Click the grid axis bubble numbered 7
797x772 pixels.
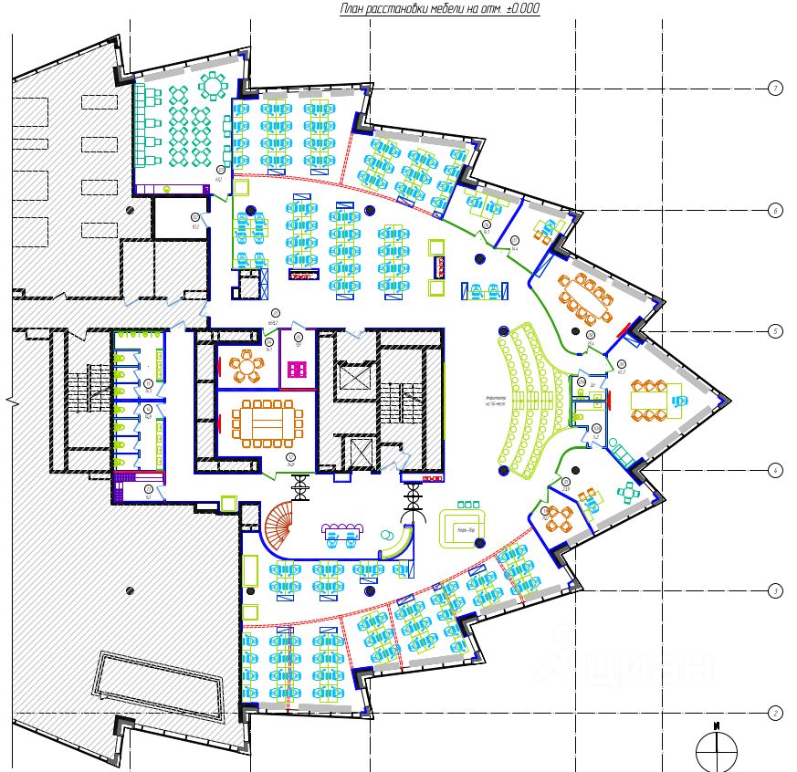click(x=774, y=89)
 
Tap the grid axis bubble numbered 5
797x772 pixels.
click(x=774, y=331)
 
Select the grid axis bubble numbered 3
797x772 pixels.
click(x=774, y=591)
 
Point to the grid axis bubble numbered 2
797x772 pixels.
click(x=774, y=714)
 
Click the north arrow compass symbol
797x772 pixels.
click(x=717, y=750)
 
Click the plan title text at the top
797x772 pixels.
click(x=439, y=9)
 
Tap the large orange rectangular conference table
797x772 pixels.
click(x=267, y=423)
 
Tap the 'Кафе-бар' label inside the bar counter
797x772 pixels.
click(x=467, y=529)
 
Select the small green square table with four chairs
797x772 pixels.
click(x=630, y=492)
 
